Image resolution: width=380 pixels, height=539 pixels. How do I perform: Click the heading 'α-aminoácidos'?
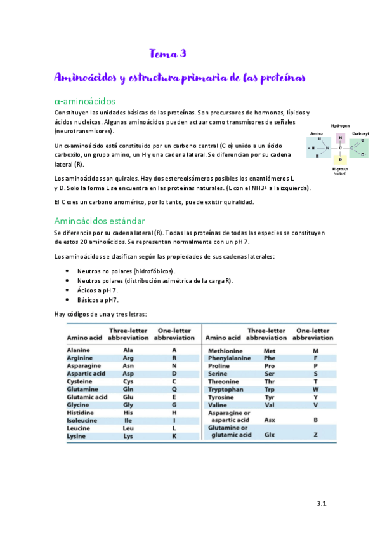click(x=85, y=101)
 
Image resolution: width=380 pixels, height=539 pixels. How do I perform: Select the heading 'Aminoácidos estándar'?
click(x=100, y=221)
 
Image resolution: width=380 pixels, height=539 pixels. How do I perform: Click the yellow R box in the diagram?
click(x=341, y=160)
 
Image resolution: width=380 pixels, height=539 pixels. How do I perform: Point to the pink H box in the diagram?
click(x=341, y=137)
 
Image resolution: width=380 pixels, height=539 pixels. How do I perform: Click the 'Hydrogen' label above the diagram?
click(x=341, y=126)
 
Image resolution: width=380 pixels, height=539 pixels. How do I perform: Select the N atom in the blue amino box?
click(x=327, y=149)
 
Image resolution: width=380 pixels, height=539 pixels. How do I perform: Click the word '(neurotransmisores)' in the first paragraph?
click(x=84, y=131)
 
